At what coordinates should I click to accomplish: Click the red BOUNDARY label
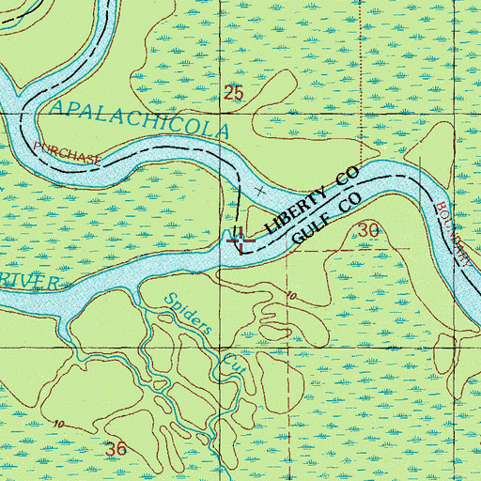point(454,231)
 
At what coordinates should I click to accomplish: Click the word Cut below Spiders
point(231,362)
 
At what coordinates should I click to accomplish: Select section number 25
point(234,93)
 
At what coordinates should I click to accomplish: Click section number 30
point(368,230)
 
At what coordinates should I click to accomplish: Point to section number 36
point(116,450)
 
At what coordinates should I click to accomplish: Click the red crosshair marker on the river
point(240,241)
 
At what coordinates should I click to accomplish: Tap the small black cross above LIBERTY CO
point(260,190)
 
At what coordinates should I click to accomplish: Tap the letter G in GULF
point(297,240)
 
